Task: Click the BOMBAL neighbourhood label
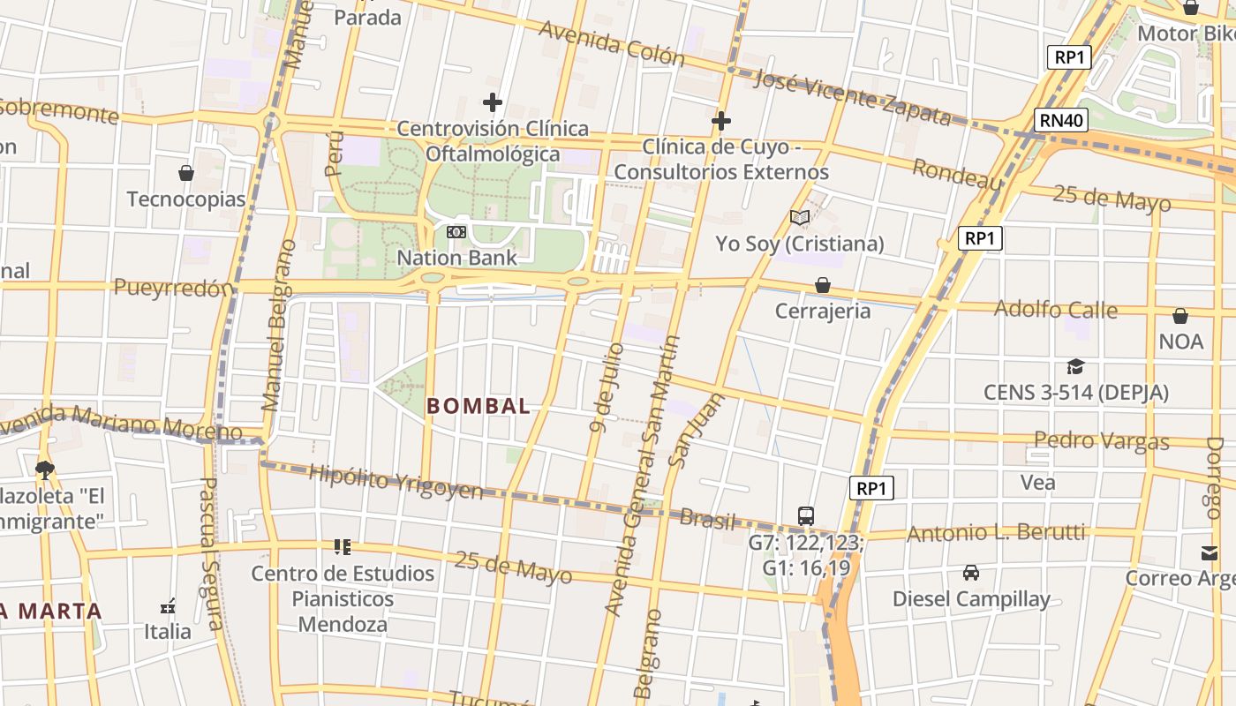click(479, 406)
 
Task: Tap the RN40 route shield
click(1061, 120)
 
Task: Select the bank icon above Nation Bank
click(456, 232)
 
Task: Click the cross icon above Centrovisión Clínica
click(493, 103)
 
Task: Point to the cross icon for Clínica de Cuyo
click(721, 121)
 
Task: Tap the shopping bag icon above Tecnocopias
click(186, 173)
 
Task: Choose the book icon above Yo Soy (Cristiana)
click(800, 217)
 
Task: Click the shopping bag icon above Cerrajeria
click(823, 285)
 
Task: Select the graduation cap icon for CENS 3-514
click(1075, 366)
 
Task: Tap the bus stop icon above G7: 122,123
click(806, 516)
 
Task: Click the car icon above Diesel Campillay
click(971, 573)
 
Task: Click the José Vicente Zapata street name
click(852, 97)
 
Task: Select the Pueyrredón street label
click(174, 288)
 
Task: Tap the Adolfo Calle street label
click(1055, 310)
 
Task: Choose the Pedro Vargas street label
click(1101, 440)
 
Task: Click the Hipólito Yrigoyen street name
click(396, 482)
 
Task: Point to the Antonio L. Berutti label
click(996, 532)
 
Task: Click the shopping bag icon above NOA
click(1180, 316)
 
